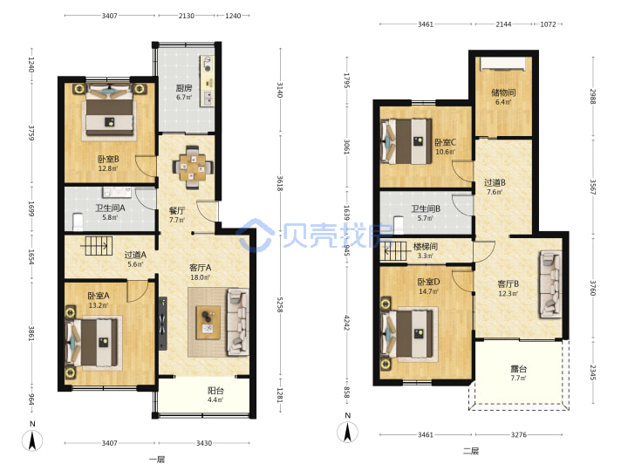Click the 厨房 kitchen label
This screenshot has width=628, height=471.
point(184,88)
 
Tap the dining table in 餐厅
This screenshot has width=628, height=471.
point(193,167)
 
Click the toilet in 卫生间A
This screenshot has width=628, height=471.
point(78,222)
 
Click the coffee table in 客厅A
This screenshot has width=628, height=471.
point(208,323)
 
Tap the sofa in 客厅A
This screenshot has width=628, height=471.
point(238,322)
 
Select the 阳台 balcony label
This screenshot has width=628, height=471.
point(215,391)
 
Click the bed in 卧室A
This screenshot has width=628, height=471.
point(94,344)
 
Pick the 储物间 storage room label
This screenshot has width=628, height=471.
point(503,92)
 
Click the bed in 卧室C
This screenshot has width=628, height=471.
point(406,141)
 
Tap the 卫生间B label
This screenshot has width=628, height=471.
point(426,208)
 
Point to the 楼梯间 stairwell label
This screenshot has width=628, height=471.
point(426,246)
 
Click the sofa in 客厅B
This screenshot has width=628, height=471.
point(550,284)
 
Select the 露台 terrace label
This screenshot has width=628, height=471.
point(518,368)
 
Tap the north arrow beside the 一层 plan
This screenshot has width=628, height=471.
point(33,440)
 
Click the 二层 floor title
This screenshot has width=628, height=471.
point(471,451)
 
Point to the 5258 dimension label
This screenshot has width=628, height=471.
point(280,304)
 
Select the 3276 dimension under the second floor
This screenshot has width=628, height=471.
point(518,434)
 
